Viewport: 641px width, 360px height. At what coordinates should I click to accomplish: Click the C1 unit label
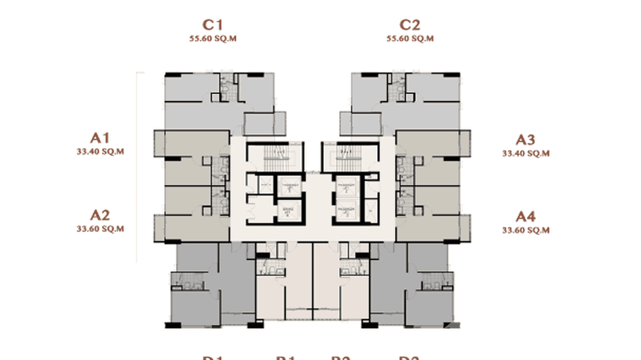[213, 25]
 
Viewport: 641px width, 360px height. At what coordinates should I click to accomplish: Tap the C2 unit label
[410, 25]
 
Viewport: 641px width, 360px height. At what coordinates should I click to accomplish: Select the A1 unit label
[100, 138]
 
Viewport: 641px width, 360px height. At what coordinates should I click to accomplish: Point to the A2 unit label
[100, 215]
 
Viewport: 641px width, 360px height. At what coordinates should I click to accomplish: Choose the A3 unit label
[525, 140]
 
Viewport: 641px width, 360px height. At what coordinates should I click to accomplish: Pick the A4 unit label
[525, 217]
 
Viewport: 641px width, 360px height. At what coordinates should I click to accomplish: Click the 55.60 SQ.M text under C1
[213, 39]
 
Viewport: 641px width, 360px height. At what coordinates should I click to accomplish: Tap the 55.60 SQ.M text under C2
[410, 39]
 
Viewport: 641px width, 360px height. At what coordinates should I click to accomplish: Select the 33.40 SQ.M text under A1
[100, 152]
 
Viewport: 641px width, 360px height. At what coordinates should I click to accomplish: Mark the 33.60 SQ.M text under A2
[100, 229]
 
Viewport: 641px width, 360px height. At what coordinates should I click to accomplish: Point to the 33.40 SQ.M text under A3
[525, 154]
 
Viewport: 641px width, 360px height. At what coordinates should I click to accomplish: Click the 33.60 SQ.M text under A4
[525, 231]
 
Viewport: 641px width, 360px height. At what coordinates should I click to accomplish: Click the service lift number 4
[288, 212]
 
